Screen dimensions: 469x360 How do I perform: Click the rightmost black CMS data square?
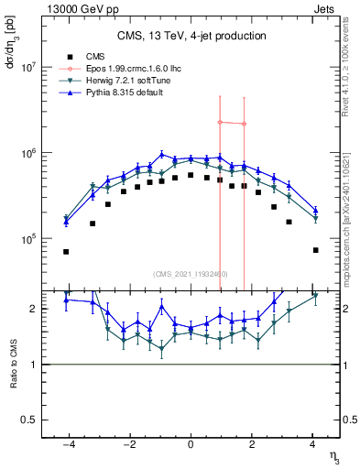pyautogui.click(x=315, y=250)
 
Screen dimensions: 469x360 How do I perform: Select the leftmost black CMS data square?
pyautogui.click(x=66, y=251)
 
